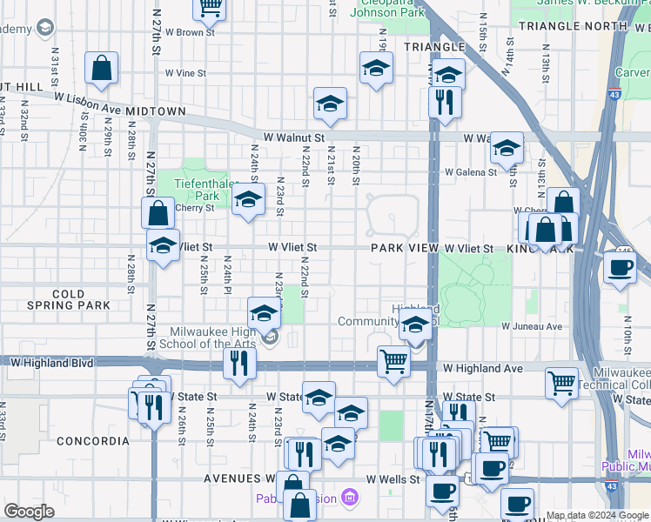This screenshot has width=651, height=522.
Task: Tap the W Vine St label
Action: [x=185, y=74]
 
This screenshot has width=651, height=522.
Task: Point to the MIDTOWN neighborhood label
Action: [x=155, y=112]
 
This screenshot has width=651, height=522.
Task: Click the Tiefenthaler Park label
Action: [x=200, y=190]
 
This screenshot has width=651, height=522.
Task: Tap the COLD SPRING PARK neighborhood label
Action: [x=69, y=300]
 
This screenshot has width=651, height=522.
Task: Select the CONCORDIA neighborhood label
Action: [x=93, y=441]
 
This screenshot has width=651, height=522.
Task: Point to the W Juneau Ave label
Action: [x=532, y=326]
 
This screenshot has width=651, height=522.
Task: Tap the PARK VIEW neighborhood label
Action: [x=405, y=249]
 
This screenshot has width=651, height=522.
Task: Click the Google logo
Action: [x=29, y=512]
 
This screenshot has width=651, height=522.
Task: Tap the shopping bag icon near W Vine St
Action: [x=102, y=69]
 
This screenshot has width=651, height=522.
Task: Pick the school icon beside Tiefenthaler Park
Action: [x=248, y=199]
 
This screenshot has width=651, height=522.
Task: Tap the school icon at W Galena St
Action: [x=507, y=149]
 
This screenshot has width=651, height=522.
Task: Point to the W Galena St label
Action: [x=470, y=172]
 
